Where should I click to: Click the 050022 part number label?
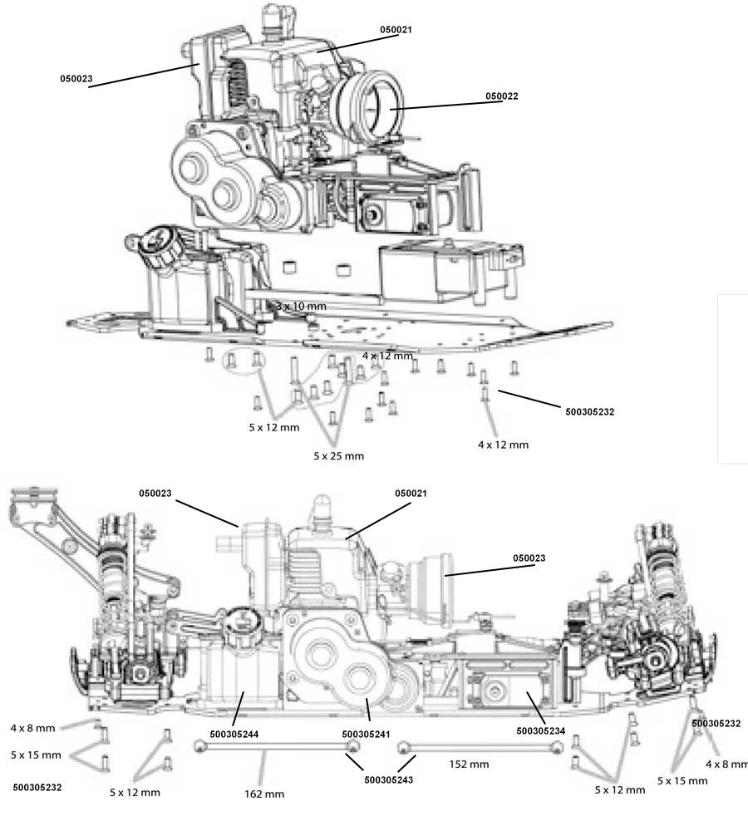pos(502,96)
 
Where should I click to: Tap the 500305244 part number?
pos(234,735)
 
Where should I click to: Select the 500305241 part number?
pos(365,735)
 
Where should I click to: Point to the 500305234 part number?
pos(539,731)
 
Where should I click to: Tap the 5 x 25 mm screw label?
pos(338,456)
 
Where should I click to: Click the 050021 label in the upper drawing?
pos(396,30)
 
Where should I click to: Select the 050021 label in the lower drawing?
pos(411,494)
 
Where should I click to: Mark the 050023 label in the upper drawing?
pos(76,80)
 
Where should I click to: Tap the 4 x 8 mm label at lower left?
pos(33,728)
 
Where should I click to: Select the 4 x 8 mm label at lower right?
pos(726,764)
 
